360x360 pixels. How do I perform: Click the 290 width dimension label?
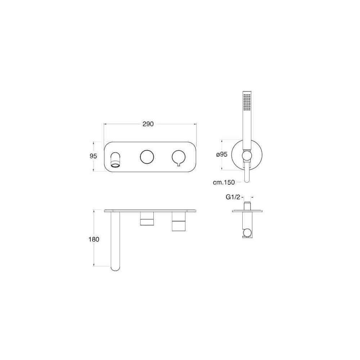[148, 124]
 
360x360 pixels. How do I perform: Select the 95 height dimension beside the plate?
[93, 156]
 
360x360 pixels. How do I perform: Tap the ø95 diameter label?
[221, 154]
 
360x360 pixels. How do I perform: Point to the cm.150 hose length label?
[224, 182]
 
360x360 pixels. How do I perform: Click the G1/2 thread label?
[233, 197]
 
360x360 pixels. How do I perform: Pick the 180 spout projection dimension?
[94, 239]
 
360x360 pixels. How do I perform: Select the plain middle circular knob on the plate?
[147, 157]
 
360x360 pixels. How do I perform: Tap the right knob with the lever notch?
[179, 158]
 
